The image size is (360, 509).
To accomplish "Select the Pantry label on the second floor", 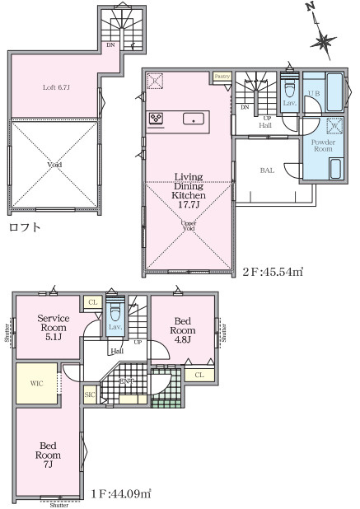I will [222, 76].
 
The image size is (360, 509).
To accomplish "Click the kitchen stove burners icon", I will [157, 119].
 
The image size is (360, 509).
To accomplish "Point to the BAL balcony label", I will [268, 170].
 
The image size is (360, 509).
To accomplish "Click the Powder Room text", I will [322, 146].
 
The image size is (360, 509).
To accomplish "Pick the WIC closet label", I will [36, 383].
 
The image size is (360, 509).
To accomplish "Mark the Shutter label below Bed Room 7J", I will [58, 505].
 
